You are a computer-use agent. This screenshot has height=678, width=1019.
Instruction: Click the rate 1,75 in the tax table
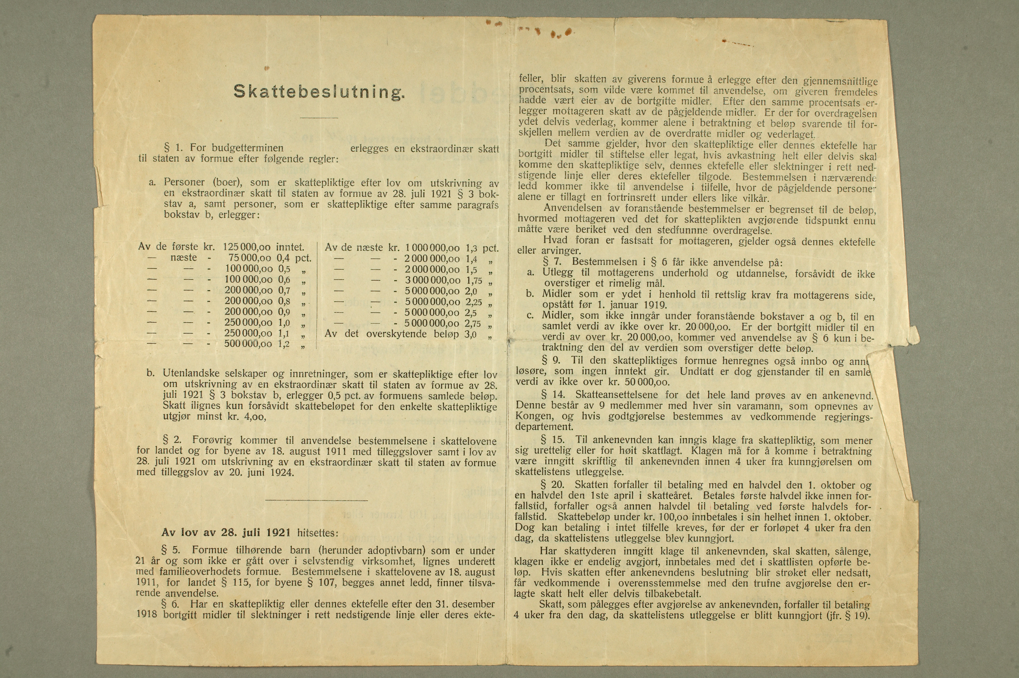(x=474, y=280)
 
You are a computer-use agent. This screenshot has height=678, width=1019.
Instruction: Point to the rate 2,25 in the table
(x=474, y=302)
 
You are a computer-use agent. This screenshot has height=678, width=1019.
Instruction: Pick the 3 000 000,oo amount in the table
(x=432, y=280)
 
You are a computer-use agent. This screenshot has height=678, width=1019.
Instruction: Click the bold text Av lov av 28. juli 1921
(x=226, y=532)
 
